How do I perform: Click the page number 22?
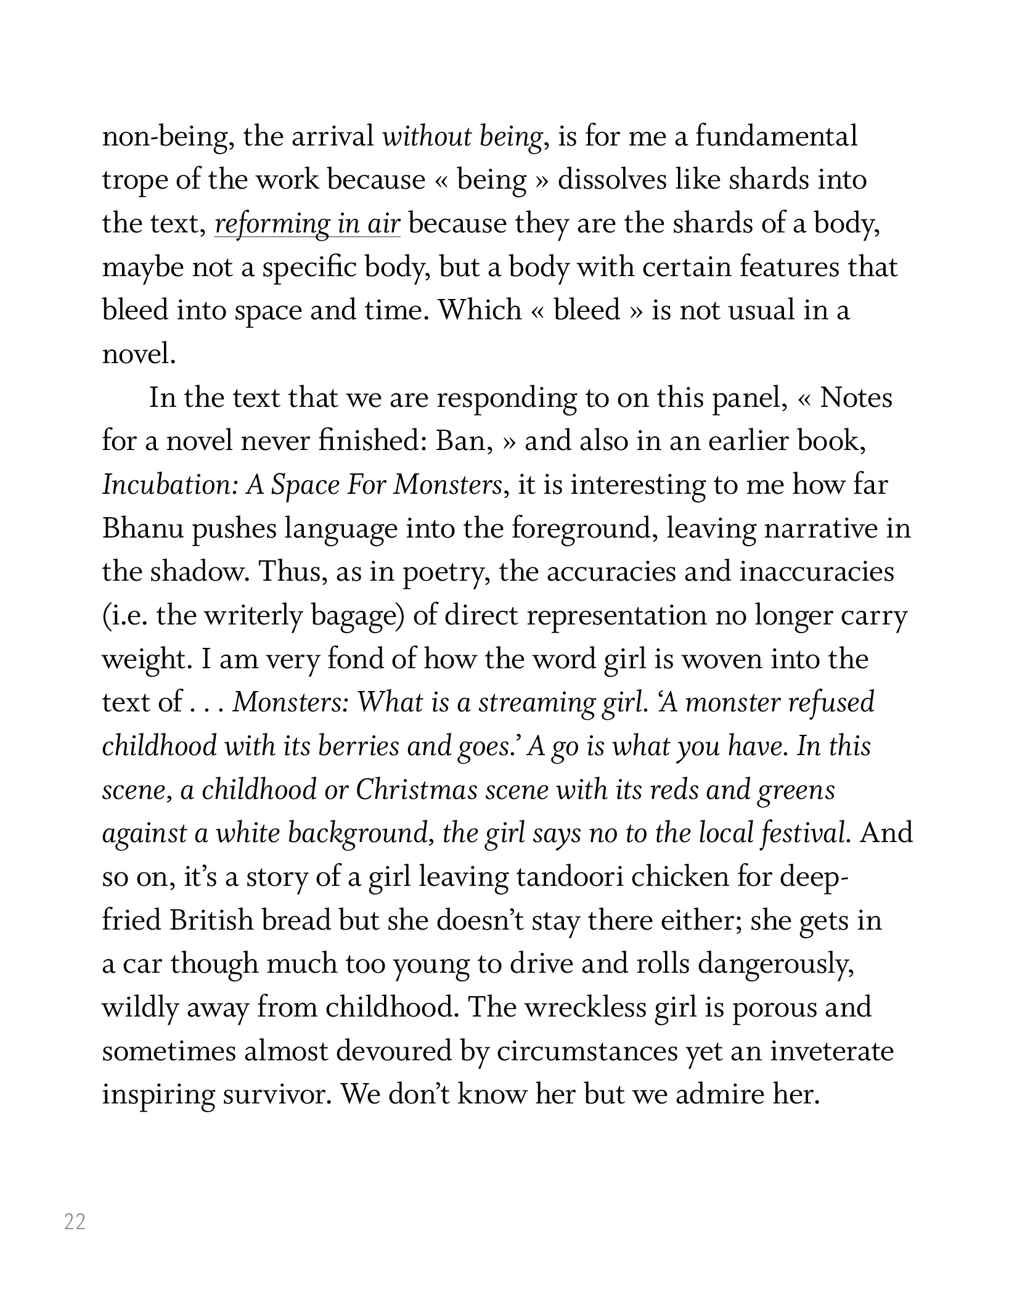(75, 1221)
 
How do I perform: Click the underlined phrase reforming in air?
(308, 224)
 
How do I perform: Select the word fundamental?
(777, 136)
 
